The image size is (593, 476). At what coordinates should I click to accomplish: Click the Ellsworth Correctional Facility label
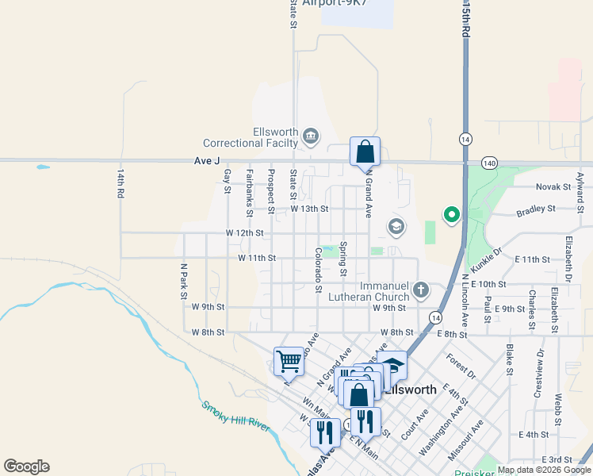(251, 137)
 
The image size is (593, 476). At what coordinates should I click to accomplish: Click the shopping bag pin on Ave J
(365, 152)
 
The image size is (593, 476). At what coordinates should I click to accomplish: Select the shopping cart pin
(289, 361)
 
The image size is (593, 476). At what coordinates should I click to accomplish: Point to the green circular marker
(451, 214)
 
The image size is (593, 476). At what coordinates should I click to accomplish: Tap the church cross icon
(420, 290)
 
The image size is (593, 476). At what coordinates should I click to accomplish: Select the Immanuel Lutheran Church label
(372, 290)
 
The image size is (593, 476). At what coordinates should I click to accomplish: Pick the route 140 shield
(488, 163)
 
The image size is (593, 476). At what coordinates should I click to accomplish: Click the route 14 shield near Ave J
(464, 139)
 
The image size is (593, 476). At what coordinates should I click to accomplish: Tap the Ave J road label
(206, 161)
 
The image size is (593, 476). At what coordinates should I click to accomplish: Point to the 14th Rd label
(121, 183)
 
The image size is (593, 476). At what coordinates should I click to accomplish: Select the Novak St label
(553, 187)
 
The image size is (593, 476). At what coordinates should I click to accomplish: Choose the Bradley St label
(536, 209)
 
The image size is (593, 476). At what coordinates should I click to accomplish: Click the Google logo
(26, 466)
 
